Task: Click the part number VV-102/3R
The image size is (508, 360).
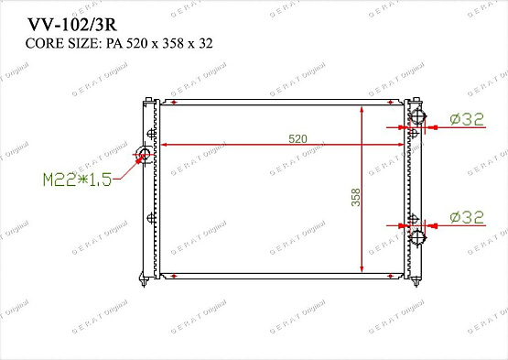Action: coord(72,25)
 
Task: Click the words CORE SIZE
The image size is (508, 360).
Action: coord(61,43)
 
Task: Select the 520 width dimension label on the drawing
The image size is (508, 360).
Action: coord(297,139)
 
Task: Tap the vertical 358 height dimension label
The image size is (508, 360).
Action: coord(356,197)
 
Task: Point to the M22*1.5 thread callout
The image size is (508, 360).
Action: coord(78,180)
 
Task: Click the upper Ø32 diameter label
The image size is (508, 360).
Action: coord(467,119)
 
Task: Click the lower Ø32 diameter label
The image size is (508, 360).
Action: coord(467,217)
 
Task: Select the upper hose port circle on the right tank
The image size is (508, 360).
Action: coord(417,116)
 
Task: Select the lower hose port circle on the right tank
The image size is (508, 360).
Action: coord(417,238)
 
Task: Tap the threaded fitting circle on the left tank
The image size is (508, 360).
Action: coord(145,153)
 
